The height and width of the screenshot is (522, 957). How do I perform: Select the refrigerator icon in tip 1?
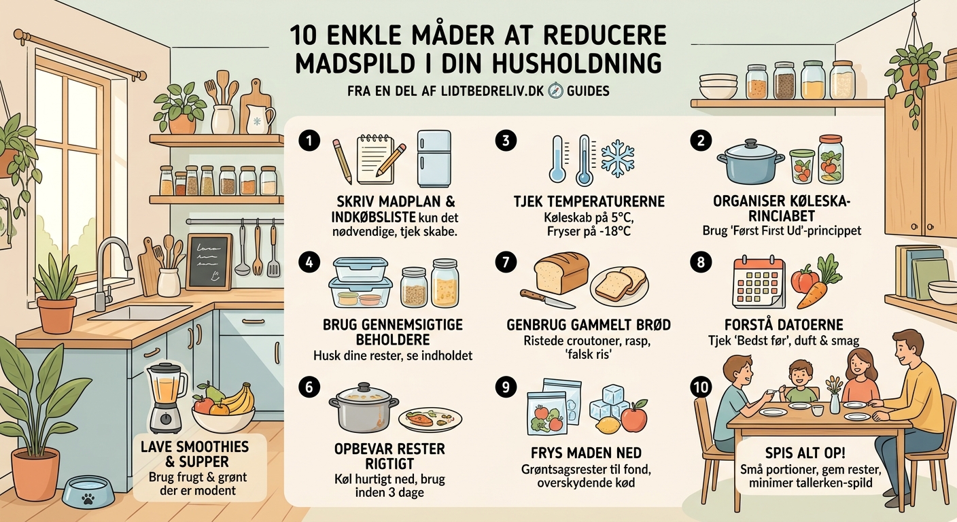coord(434,158)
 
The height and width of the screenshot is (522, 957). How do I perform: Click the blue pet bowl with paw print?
coord(86,490)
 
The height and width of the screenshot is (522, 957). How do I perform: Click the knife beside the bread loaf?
coord(548,299)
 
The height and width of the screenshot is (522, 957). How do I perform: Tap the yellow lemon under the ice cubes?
coord(606,425)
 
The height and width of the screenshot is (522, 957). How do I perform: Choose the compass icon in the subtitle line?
coord(555,90)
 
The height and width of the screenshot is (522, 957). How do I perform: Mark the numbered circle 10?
coord(700,387)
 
